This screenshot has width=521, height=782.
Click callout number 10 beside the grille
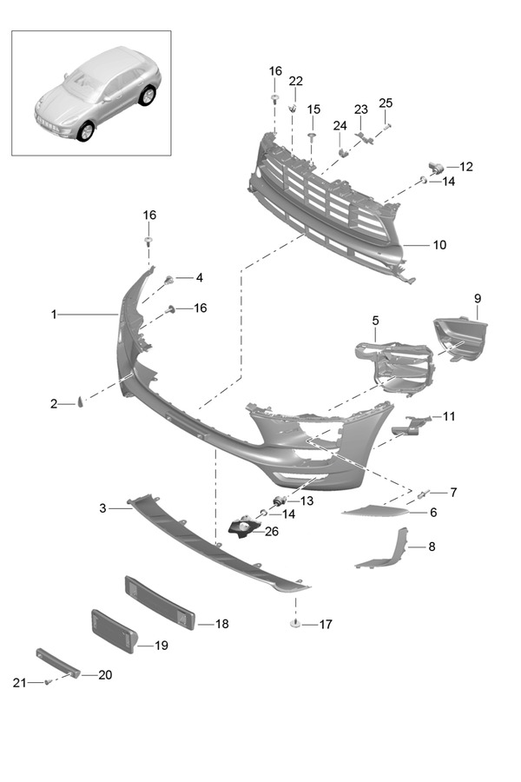439,246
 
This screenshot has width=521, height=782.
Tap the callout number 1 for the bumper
54,315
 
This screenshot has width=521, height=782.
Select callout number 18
221,624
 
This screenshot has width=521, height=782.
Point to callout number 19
161,646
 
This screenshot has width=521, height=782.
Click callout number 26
272,532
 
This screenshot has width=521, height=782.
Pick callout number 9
477,299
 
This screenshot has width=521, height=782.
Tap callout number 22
296,81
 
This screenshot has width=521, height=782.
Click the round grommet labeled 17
296,624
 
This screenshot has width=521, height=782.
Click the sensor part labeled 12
435,167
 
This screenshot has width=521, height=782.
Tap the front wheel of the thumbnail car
85,132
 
